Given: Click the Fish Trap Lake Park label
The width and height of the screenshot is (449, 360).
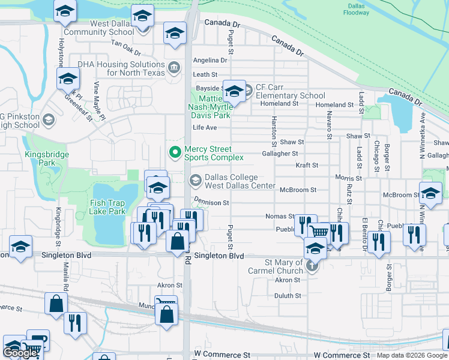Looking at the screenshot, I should point(107,207).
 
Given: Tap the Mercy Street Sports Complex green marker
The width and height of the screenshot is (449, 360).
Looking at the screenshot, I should point(175,152).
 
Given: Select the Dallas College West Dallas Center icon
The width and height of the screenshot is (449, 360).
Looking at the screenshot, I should point(196,180).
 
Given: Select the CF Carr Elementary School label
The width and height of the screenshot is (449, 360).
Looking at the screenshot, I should point(291,92).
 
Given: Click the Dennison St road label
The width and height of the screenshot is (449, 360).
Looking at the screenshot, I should point(211,203).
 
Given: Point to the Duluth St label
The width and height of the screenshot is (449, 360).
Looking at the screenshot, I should point(288,296).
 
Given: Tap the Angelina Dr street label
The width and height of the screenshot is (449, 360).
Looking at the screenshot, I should point(210,60).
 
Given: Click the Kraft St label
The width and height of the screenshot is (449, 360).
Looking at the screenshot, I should point(306,165).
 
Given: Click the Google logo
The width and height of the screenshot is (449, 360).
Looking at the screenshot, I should point(20,353).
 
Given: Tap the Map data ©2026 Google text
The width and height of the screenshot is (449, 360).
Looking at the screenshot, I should point(411,355).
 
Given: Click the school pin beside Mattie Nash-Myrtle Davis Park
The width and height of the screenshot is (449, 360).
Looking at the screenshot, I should point(234,91).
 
